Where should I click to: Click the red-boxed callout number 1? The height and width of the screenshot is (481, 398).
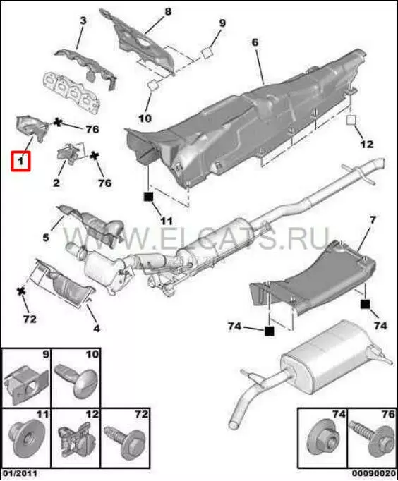click(20, 160)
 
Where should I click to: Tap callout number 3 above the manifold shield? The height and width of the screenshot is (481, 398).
click(83, 20)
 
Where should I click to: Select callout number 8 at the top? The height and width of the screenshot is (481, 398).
click(168, 12)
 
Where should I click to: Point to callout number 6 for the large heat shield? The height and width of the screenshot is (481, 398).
click(255, 42)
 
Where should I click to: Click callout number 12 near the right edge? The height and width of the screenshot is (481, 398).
click(366, 144)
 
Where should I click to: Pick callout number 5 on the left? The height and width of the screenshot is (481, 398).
click(46, 237)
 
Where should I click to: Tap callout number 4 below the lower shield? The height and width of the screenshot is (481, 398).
click(97, 329)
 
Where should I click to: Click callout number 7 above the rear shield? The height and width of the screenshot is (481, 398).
click(373, 219)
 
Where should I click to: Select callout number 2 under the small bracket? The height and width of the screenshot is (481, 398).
click(56, 183)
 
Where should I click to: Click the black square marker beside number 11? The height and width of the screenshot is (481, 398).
click(148, 196)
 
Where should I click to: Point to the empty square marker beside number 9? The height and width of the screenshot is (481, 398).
click(207, 53)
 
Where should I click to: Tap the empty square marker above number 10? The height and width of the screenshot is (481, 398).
click(152, 85)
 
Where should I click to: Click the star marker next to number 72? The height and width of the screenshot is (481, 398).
click(21, 291)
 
